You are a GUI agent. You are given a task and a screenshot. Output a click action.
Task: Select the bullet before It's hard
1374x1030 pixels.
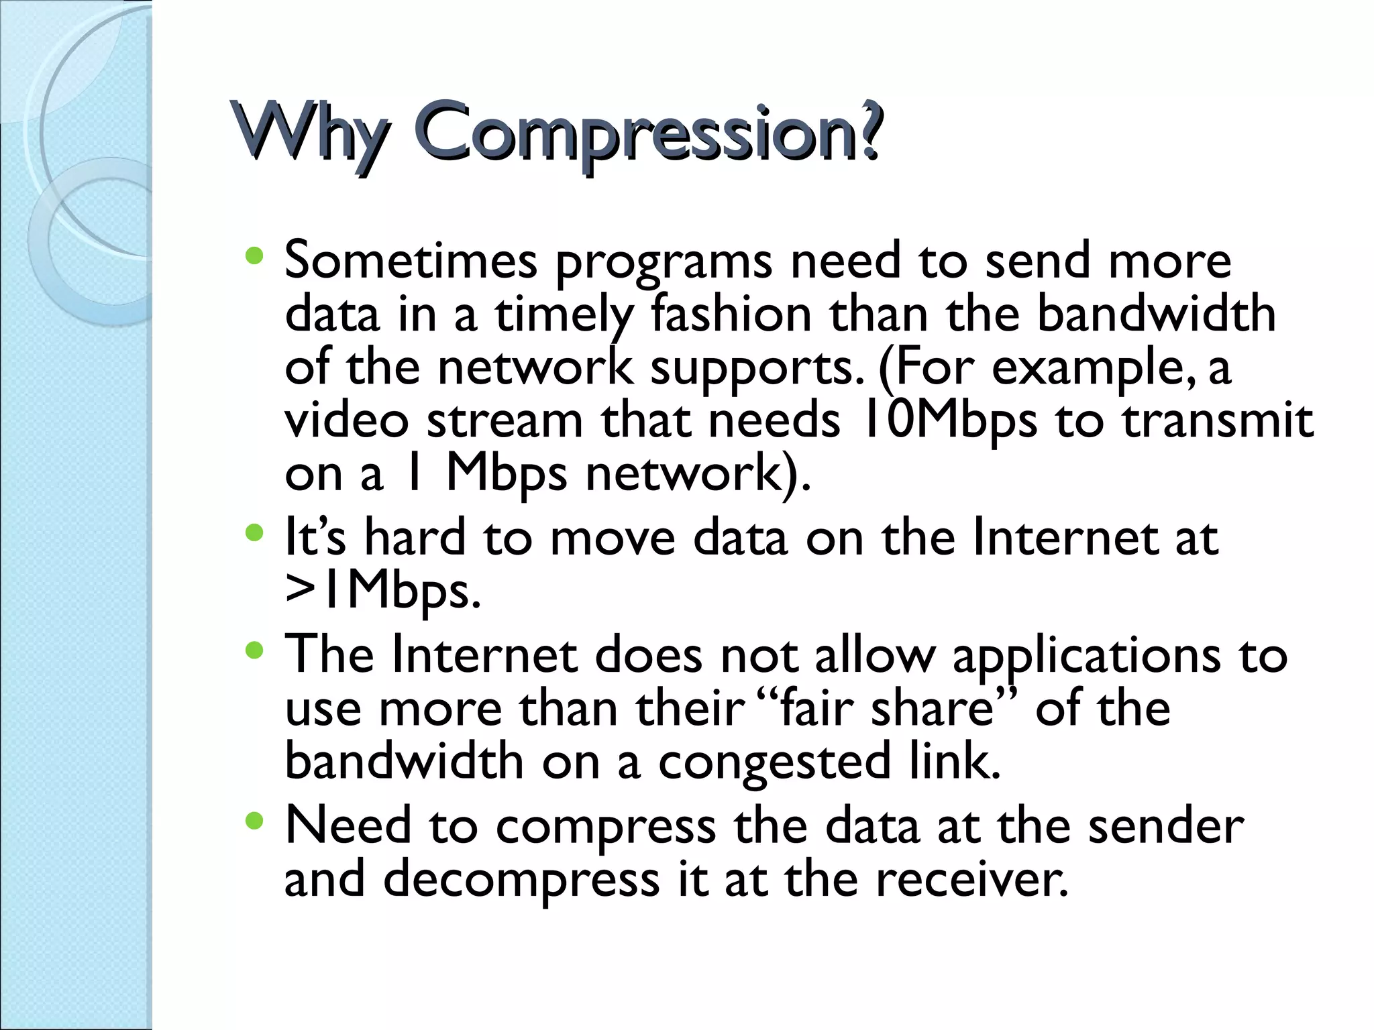[254, 534]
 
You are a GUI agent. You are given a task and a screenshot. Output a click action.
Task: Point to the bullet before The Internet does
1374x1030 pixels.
[254, 650]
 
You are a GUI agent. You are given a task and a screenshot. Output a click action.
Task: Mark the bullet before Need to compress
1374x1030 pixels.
[254, 821]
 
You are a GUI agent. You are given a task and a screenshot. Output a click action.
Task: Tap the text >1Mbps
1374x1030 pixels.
[383, 591]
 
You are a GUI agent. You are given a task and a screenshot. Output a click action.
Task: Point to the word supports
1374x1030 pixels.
[757, 369]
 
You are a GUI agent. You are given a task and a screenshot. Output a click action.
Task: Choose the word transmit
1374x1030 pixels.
[1218, 421]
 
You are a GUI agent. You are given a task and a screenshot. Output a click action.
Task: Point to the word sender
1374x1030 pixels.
[1165, 827]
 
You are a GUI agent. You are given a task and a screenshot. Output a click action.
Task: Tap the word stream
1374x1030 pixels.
[505, 422]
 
